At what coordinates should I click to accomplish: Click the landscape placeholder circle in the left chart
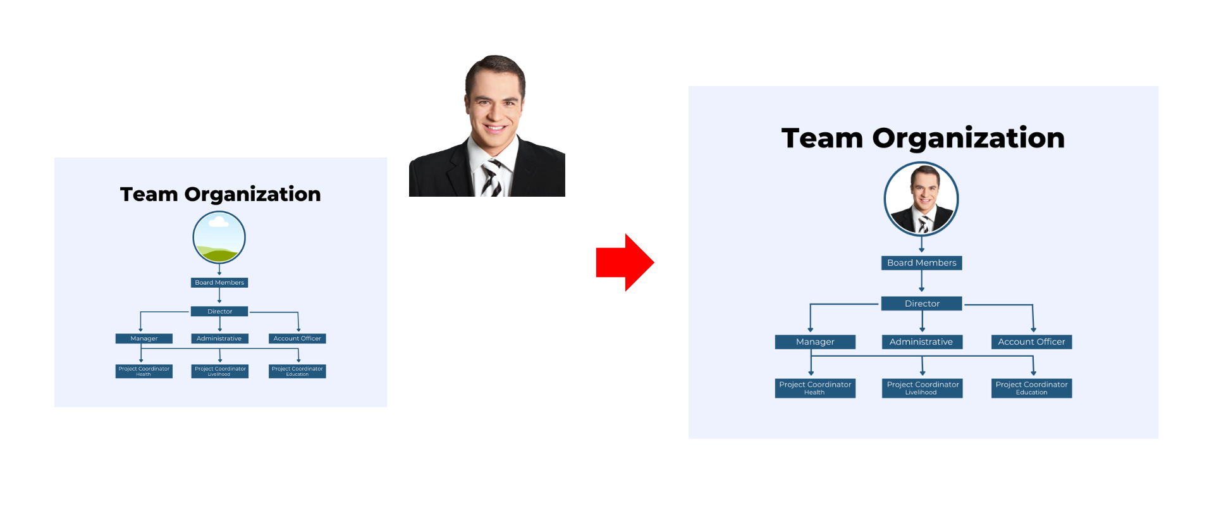[219, 237]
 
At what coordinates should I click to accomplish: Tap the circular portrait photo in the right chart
[921, 199]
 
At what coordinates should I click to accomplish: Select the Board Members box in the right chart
[922, 263]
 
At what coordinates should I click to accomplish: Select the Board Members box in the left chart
[219, 283]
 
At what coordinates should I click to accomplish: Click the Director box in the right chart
[922, 304]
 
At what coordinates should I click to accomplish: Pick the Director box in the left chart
[219, 311]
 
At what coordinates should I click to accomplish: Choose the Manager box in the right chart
[815, 342]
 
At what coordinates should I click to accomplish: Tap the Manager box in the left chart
[144, 338]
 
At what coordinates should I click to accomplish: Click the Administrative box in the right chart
[922, 342]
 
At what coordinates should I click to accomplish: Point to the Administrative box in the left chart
[220, 338]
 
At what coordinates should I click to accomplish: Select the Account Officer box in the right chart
[1032, 342]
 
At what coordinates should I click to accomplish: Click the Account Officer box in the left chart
[297, 338]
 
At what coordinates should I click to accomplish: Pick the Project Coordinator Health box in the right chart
[815, 388]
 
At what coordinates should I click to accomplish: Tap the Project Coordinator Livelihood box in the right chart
[923, 388]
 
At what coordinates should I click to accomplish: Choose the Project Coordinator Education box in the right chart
[1032, 388]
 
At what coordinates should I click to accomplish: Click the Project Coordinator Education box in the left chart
[297, 371]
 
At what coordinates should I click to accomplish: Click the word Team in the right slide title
[822, 139]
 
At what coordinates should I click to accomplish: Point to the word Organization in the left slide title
[252, 194]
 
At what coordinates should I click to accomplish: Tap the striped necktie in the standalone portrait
[492, 178]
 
